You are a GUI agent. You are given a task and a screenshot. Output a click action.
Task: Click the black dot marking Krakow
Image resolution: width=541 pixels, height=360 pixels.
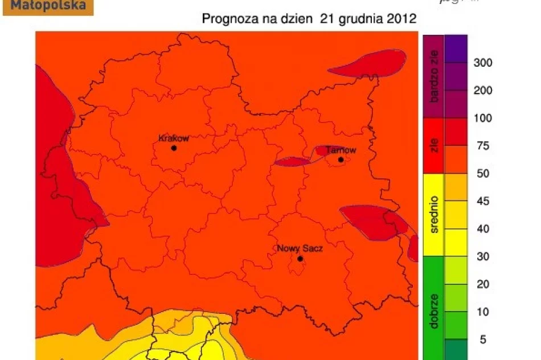pyautogui.click(x=174, y=148)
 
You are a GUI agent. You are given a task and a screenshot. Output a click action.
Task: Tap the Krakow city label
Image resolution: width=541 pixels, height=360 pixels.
pyautogui.click(x=173, y=138)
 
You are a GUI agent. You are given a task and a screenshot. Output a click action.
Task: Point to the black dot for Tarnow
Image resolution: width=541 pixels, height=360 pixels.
pyautogui.click(x=341, y=159)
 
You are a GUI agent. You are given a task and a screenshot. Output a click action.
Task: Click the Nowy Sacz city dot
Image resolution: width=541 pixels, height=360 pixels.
pyautogui.click(x=300, y=259)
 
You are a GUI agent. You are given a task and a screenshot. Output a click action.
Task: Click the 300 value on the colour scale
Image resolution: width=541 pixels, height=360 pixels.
pyautogui.click(x=483, y=63)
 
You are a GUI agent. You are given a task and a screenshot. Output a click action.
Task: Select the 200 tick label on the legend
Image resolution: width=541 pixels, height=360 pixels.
pyautogui.click(x=483, y=91)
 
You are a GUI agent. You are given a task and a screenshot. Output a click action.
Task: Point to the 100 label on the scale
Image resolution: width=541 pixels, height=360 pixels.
pyautogui.click(x=483, y=118)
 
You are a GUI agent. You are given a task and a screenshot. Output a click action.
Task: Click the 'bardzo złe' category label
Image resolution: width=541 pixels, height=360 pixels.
pyautogui.click(x=434, y=76)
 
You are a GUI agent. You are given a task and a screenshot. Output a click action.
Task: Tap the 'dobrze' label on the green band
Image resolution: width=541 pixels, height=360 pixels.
pyautogui.click(x=434, y=310)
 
